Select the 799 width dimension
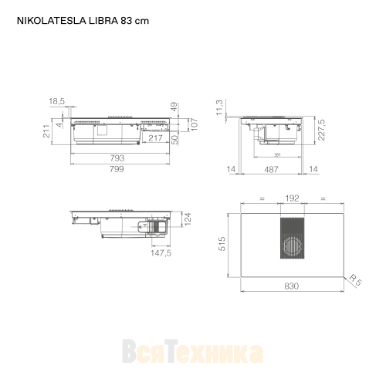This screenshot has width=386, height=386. tap(117, 168)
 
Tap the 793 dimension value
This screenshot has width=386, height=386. tap(117, 157)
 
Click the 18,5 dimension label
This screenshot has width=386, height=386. tap(57, 101)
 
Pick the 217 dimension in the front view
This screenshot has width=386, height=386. tap(155, 138)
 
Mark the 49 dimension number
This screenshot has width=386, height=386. tap(174, 107)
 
